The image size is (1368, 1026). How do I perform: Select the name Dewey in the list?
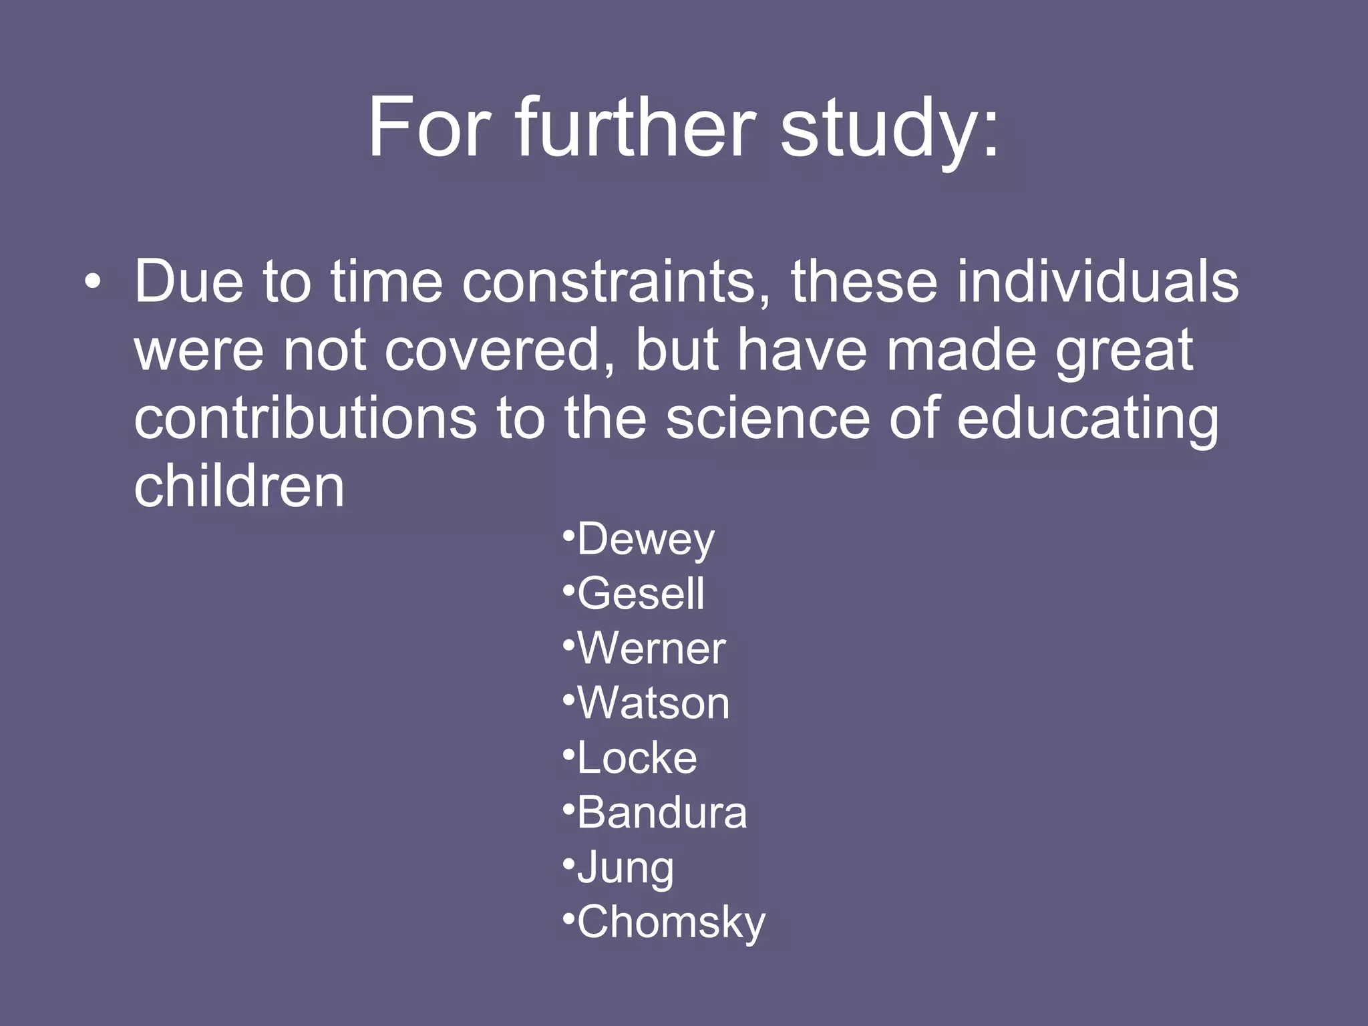coord(645,539)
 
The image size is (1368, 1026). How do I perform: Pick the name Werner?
coord(651,649)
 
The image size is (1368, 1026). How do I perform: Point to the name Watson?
coord(653,703)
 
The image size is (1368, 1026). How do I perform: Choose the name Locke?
coord(637,758)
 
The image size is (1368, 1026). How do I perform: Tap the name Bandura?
coord(661,813)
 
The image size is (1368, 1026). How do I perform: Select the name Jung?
coord(625,868)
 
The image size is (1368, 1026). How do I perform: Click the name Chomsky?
coord(671,922)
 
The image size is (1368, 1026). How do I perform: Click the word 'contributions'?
coord(305,418)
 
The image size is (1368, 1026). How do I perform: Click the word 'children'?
coord(239,486)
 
